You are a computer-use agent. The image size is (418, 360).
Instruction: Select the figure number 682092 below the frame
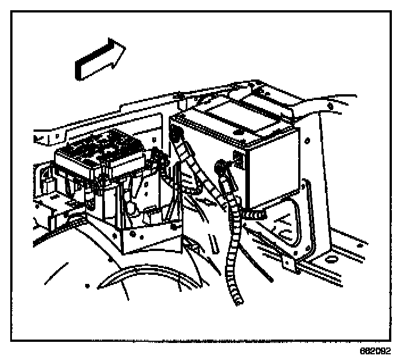pyautogui.click(x=375, y=351)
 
